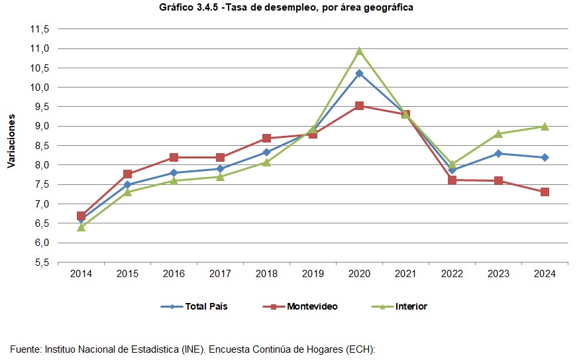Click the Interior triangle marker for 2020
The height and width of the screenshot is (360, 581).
359,51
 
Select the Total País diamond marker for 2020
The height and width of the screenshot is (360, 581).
359,74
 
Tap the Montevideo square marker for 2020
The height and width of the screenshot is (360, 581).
359,105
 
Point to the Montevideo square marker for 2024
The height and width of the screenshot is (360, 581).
545,192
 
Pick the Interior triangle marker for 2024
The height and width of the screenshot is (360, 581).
545,126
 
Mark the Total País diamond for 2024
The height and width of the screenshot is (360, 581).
545,158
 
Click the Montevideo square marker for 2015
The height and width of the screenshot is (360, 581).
127,174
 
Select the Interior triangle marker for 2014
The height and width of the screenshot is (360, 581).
81,227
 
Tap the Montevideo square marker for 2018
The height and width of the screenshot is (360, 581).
266,139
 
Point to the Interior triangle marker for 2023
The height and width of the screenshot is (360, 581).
498,133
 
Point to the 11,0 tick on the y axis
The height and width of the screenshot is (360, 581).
40,49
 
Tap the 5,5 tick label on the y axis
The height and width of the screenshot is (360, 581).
40,263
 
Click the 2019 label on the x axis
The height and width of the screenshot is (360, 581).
313,274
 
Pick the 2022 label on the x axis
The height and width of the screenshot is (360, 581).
452,274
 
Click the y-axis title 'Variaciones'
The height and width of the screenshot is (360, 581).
11,141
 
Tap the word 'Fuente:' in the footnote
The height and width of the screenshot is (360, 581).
26,349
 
